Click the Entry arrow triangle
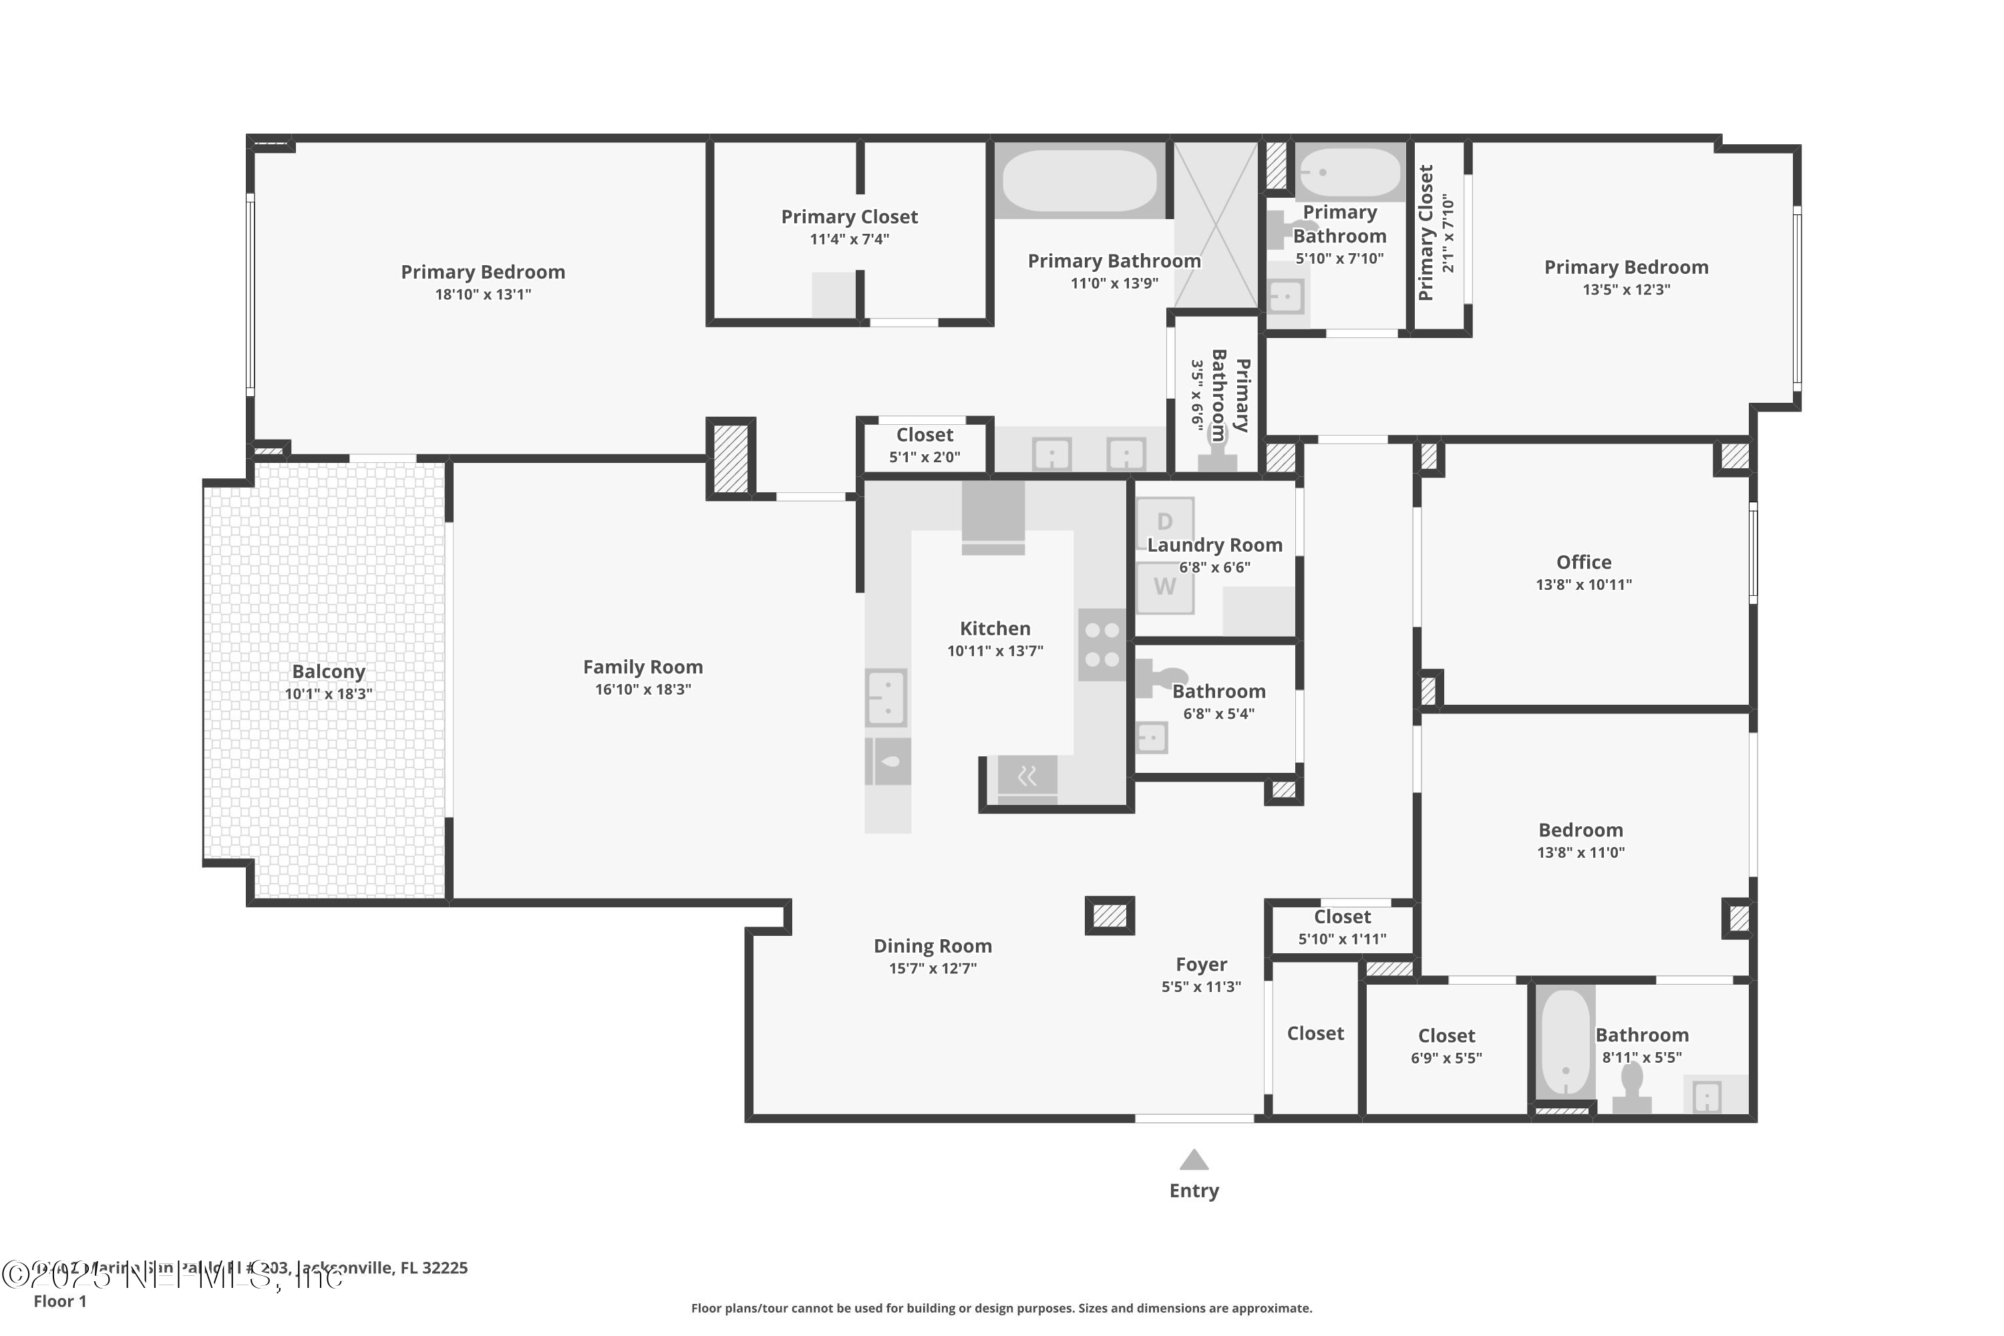pyautogui.click(x=1194, y=1160)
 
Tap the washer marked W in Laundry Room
pyautogui.click(x=1165, y=587)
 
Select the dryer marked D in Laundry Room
pyautogui.click(x=1165, y=520)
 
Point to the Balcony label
pyautogui.click(x=328, y=671)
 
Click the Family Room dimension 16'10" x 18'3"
pyautogui.click(x=643, y=689)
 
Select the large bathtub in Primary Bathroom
pyautogui.click(x=1079, y=180)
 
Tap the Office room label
pyautogui.click(x=1583, y=562)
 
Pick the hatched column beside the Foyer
pyautogui.click(x=1110, y=916)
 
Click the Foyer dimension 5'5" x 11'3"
pyautogui.click(x=1200, y=987)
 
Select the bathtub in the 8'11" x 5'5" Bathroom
pyautogui.click(x=1565, y=1043)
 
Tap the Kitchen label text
pyautogui.click(x=995, y=629)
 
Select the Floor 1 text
pyautogui.click(x=59, y=1301)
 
